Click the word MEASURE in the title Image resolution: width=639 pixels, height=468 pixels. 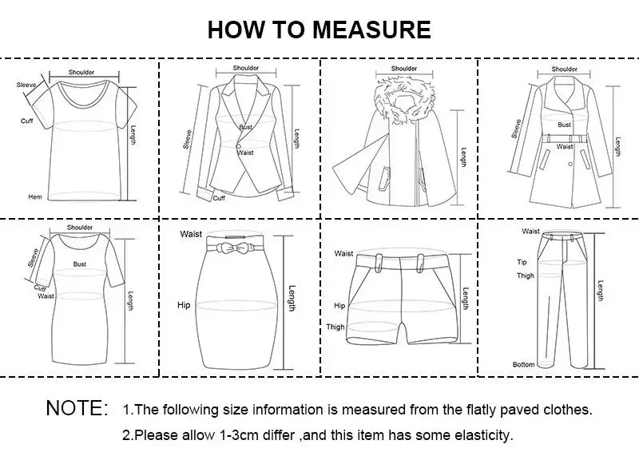point(371,30)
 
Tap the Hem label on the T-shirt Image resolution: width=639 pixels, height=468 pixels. point(35,196)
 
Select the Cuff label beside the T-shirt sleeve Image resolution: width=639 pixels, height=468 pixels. point(26,121)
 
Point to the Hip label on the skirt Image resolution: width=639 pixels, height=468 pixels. point(185,305)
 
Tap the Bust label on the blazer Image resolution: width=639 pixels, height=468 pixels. point(245,128)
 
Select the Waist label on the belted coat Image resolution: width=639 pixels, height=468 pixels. point(565,147)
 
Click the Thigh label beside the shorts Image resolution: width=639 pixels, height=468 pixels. point(335,327)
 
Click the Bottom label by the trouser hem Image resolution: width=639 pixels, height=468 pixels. point(523,364)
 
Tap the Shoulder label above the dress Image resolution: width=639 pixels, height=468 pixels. point(80,228)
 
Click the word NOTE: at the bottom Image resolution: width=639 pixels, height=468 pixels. point(77,409)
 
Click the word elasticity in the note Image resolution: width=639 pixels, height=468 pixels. point(483,436)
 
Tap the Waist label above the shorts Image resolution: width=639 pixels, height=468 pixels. point(343,253)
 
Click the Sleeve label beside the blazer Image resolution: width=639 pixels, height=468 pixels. point(188,139)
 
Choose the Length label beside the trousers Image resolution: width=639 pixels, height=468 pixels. point(600,292)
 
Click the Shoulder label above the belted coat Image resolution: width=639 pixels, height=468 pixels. point(564,69)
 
